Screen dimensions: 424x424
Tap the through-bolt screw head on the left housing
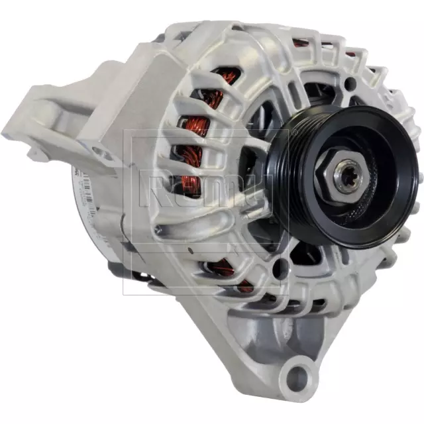[x=158, y=230]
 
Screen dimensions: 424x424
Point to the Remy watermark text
[x=205, y=189]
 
